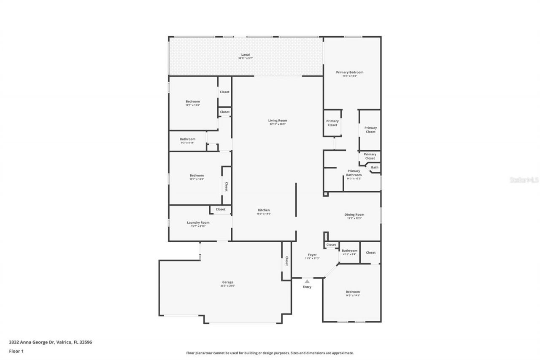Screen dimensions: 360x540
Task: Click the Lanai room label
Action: pyautogui.click(x=245, y=54)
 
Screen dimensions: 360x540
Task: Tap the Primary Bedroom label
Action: pyautogui.click(x=349, y=72)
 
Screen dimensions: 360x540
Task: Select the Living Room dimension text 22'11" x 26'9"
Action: pyautogui.click(x=278, y=124)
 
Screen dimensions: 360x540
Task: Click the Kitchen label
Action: pyautogui.click(x=264, y=210)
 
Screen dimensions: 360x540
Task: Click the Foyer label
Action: pyautogui.click(x=312, y=254)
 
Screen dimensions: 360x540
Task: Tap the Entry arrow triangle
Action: pyautogui.click(x=307, y=281)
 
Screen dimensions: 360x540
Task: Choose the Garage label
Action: pyautogui.click(x=227, y=282)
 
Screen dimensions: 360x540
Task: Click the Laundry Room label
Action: pyautogui.click(x=198, y=222)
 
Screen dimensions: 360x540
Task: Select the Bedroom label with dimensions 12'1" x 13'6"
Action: pyautogui.click(x=192, y=101)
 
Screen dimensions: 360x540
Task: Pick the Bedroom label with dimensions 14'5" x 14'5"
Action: pyautogui.click(x=353, y=292)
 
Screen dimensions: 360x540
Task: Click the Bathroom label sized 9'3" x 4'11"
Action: pyautogui.click(x=187, y=139)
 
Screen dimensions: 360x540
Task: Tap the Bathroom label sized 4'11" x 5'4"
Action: pyautogui.click(x=349, y=251)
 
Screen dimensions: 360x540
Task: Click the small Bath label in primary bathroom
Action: pyautogui.click(x=375, y=168)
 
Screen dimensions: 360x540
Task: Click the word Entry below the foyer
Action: pyautogui.click(x=307, y=287)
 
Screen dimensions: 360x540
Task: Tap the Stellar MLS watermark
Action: pyautogui.click(x=524, y=180)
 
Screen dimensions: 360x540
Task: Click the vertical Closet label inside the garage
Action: pyautogui.click(x=286, y=261)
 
